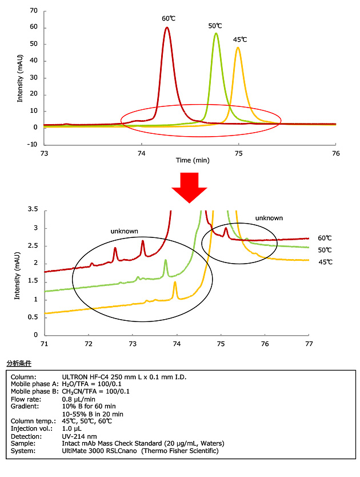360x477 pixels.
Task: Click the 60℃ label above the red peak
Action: tap(169, 18)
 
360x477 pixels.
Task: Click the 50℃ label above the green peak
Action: tap(215, 26)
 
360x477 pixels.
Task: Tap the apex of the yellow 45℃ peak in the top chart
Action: tap(238, 47)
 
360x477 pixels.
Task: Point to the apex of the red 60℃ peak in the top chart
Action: tap(166, 27)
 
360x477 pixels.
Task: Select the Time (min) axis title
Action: tap(192, 160)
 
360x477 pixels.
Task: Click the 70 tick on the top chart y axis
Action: tap(33, 11)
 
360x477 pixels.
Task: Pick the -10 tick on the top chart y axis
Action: tap(32, 144)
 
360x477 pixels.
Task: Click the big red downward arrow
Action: tap(189, 186)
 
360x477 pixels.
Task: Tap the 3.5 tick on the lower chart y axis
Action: tap(34, 210)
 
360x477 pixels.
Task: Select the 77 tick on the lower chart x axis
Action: tap(309, 343)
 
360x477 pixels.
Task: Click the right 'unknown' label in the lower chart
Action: tap(269, 218)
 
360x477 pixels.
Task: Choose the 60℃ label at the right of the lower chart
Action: tap(325, 238)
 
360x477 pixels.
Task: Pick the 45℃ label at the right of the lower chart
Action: tap(325, 261)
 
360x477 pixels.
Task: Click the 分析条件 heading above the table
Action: tap(19, 363)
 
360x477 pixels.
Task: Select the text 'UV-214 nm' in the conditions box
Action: tap(77, 436)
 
